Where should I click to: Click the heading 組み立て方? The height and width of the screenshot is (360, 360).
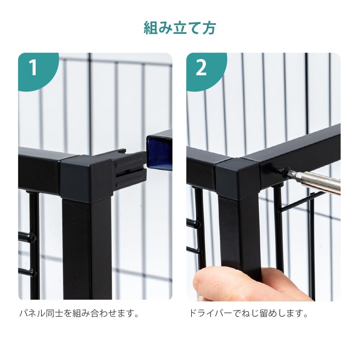pos(180,28)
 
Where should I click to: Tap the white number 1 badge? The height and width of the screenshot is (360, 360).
pos(33,68)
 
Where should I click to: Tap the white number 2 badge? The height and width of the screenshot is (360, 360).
pos(201,68)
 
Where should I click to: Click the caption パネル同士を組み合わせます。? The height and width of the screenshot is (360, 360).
pos(80,313)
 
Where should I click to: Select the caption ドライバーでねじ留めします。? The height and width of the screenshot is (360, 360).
pos(248,313)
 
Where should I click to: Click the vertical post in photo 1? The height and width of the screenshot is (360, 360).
pos(87,249)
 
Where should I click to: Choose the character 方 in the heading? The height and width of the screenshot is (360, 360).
pos(209,28)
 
